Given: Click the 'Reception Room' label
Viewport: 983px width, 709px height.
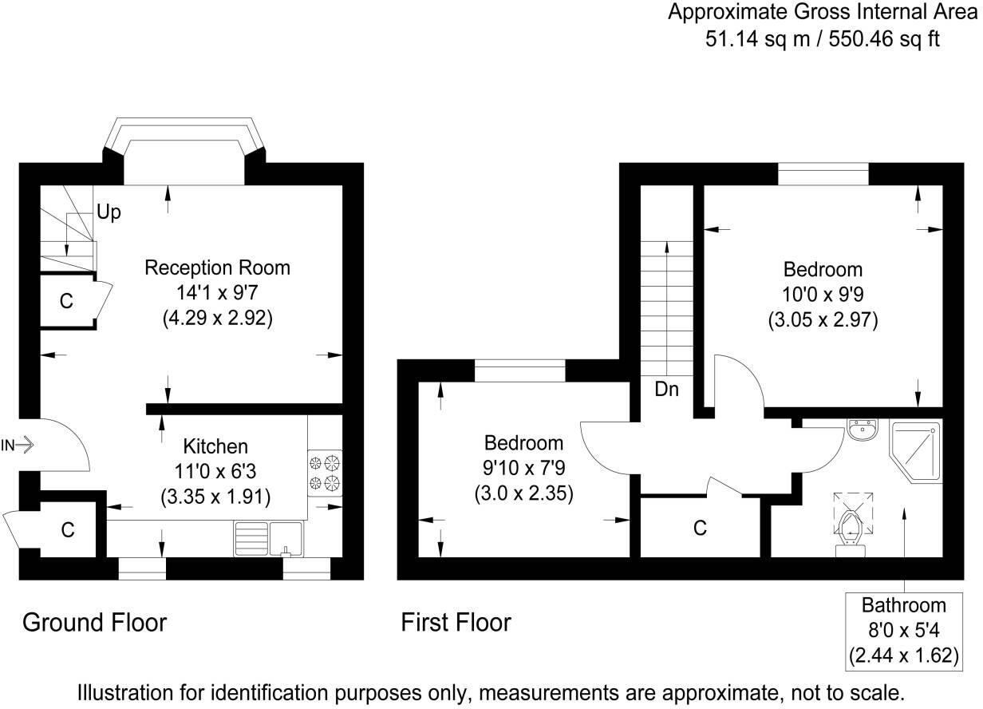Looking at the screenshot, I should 217,267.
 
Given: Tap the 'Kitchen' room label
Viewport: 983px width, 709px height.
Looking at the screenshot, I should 215,446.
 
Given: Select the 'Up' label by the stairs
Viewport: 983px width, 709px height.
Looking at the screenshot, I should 109,212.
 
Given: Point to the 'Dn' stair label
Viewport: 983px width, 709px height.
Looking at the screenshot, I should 666,390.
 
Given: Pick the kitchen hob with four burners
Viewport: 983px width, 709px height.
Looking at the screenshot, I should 325,472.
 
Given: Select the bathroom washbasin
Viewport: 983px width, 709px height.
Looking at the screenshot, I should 863,430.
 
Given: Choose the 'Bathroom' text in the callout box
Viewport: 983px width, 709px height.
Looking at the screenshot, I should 903,604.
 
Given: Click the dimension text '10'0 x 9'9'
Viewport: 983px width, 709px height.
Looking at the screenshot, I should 823,294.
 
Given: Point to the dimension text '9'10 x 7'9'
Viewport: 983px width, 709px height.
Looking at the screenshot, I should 523,468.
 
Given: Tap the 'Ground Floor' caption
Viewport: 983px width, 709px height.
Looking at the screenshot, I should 94,622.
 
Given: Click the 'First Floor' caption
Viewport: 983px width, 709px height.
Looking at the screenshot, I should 456,622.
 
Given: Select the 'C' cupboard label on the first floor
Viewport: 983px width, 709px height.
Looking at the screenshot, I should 700,528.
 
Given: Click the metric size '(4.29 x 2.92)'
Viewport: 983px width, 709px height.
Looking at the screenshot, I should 217,318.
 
